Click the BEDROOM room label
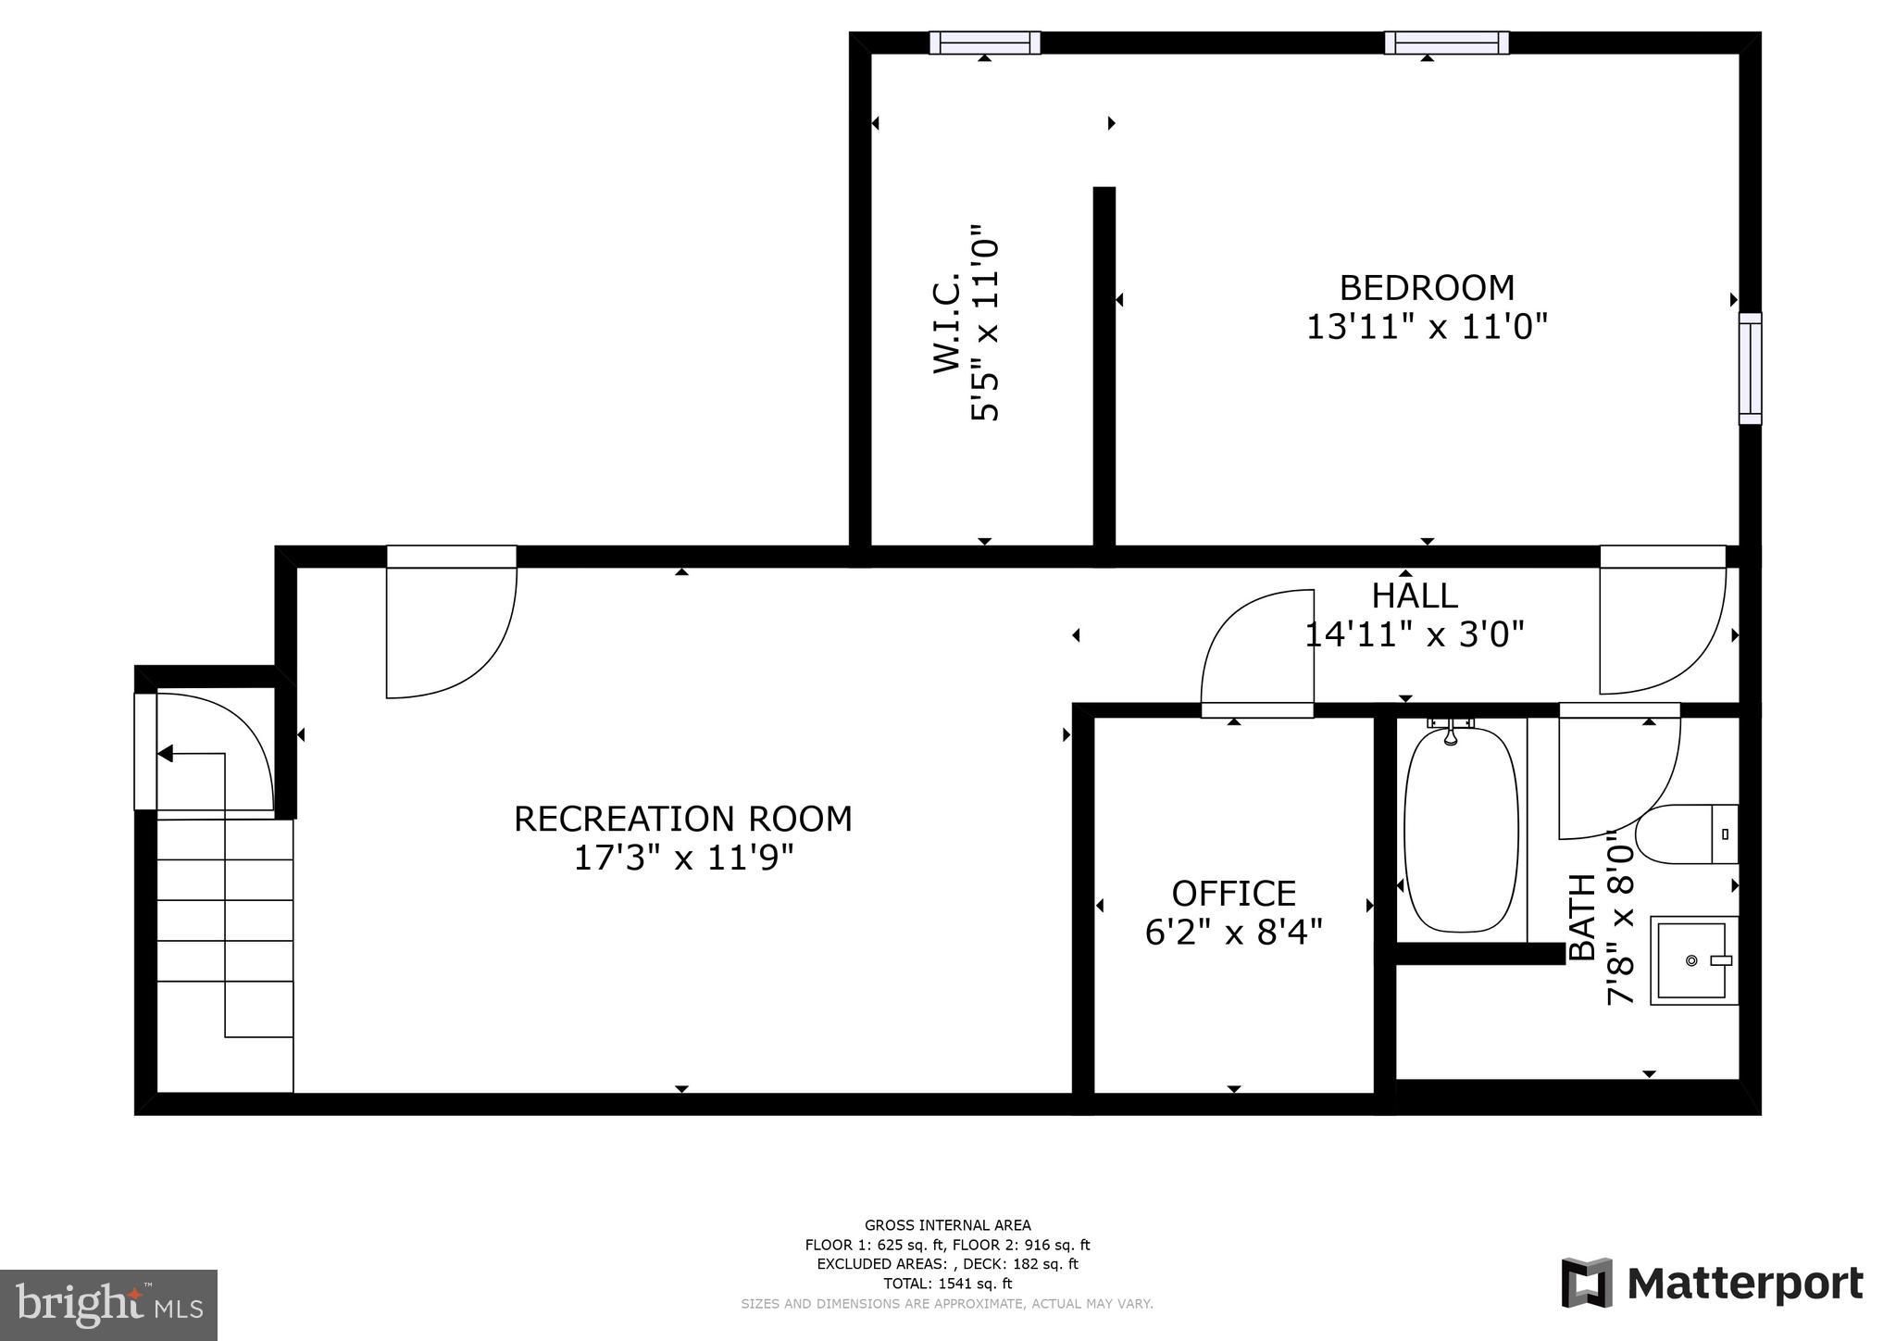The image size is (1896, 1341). (x=1426, y=288)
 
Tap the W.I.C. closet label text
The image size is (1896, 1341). (x=946, y=322)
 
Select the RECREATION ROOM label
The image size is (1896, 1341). (x=682, y=820)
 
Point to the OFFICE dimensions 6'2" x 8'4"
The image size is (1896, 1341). (x=1233, y=932)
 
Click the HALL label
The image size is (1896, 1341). (x=1414, y=595)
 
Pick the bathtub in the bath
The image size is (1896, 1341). (x=1461, y=830)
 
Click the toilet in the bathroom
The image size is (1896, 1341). (x=1685, y=834)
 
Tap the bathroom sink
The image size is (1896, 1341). (x=1693, y=960)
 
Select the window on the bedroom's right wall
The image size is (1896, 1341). (x=1750, y=369)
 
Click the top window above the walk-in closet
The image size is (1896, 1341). (x=984, y=43)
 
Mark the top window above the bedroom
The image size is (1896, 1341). (x=1446, y=43)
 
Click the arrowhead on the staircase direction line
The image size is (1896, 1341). (x=166, y=754)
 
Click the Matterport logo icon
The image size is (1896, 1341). (x=1586, y=1283)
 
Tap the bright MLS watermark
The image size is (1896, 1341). (x=108, y=1305)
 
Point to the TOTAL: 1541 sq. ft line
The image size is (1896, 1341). (x=947, y=1284)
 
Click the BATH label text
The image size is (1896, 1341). (x=1581, y=917)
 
